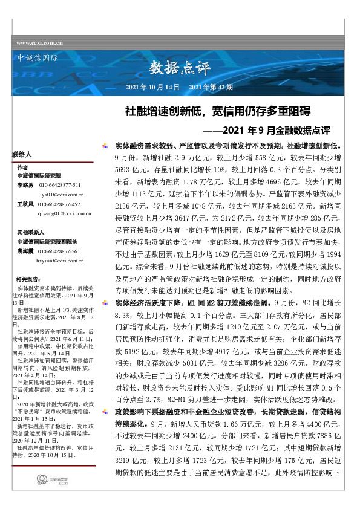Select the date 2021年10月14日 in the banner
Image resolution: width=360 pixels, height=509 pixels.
click(x=152, y=88)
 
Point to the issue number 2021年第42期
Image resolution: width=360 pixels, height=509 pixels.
click(x=211, y=88)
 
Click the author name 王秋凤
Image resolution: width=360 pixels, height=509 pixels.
click(x=25, y=204)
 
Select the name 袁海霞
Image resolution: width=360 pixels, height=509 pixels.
click(x=25, y=250)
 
